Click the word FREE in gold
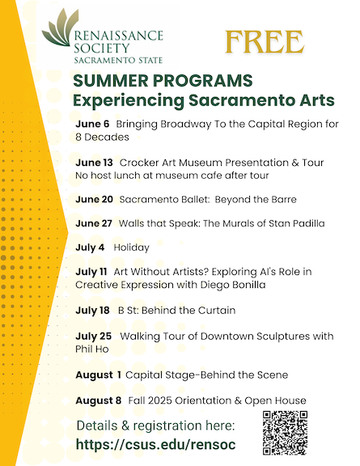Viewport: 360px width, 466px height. (x=265, y=42)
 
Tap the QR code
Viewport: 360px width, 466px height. (x=285, y=433)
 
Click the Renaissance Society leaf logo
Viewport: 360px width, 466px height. (x=61, y=28)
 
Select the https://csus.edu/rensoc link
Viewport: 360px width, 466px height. (x=156, y=445)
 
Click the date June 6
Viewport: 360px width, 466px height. (x=92, y=124)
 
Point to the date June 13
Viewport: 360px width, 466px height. (x=94, y=163)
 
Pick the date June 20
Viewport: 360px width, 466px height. (x=94, y=199)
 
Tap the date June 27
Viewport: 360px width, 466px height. (x=94, y=223)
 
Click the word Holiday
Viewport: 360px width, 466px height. (x=131, y=248)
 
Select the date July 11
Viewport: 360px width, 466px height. (x=91, y=272)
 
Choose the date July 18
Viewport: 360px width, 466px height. (x=92, y=311)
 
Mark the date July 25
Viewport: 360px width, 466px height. (x=93, y=336)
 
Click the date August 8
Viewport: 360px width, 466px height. (x=99, y=400)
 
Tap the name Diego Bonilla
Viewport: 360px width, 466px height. (x=233, y=285)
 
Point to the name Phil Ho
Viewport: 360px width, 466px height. (x=92, y=349)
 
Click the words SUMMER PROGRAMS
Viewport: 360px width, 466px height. (x=163, y=81)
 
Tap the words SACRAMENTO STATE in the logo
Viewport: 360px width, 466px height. (x=118, y=61)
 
